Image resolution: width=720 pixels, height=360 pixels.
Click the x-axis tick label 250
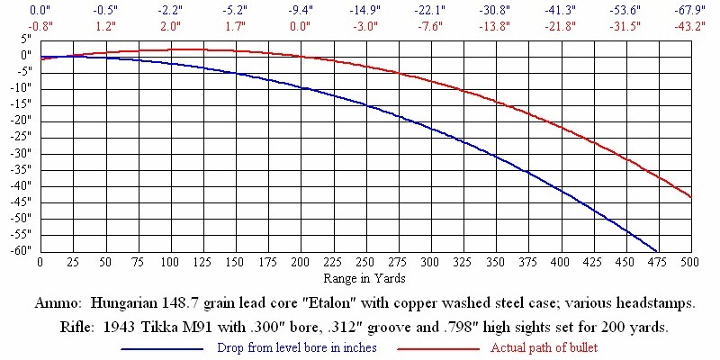(x=235, y=262)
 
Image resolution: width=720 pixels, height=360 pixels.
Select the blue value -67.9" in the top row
(x=689, y=10)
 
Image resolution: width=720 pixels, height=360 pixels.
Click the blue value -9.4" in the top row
(x=300, y=10)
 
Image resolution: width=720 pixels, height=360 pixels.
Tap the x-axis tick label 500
(x=689, y=262)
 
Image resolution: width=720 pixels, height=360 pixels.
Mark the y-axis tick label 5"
(x=26, y=40)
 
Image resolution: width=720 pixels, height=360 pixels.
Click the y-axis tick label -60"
(x=20, y=250)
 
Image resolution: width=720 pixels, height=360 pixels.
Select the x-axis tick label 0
(x=40, y=262)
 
